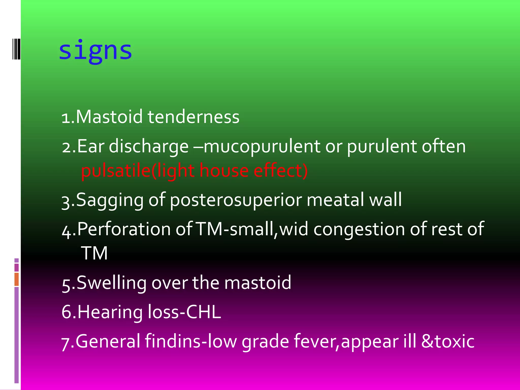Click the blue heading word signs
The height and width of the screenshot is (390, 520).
pos(95,51)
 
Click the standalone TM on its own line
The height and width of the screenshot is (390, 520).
pos(94,253)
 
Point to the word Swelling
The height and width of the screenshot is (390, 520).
pos(111,283)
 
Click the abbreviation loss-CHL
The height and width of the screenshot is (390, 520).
pos(184,312)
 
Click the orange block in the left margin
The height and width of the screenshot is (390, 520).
pos(17,279)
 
